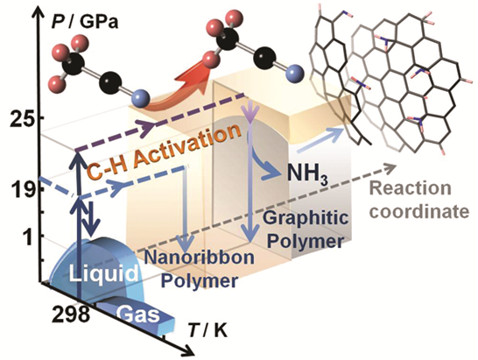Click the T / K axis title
pyautogui.click(x=207, y=331)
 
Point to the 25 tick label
pyautogui.click(x=21, y=120)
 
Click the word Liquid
pyautogui.click(x=103, y=273)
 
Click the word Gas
pyautogui.click(x=139, y=314)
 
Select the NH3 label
pyautogui.click(x=307, y=175)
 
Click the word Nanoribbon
pyautogui.click(x=200, y=258)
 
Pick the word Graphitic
pyautogui.click(x=306, y=219)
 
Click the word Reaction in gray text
pyautogui.click(x=411, y=188)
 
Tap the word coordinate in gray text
pyautogui.click(x=419, y=211)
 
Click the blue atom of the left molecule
pyautogui.click(x=143, y=99)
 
